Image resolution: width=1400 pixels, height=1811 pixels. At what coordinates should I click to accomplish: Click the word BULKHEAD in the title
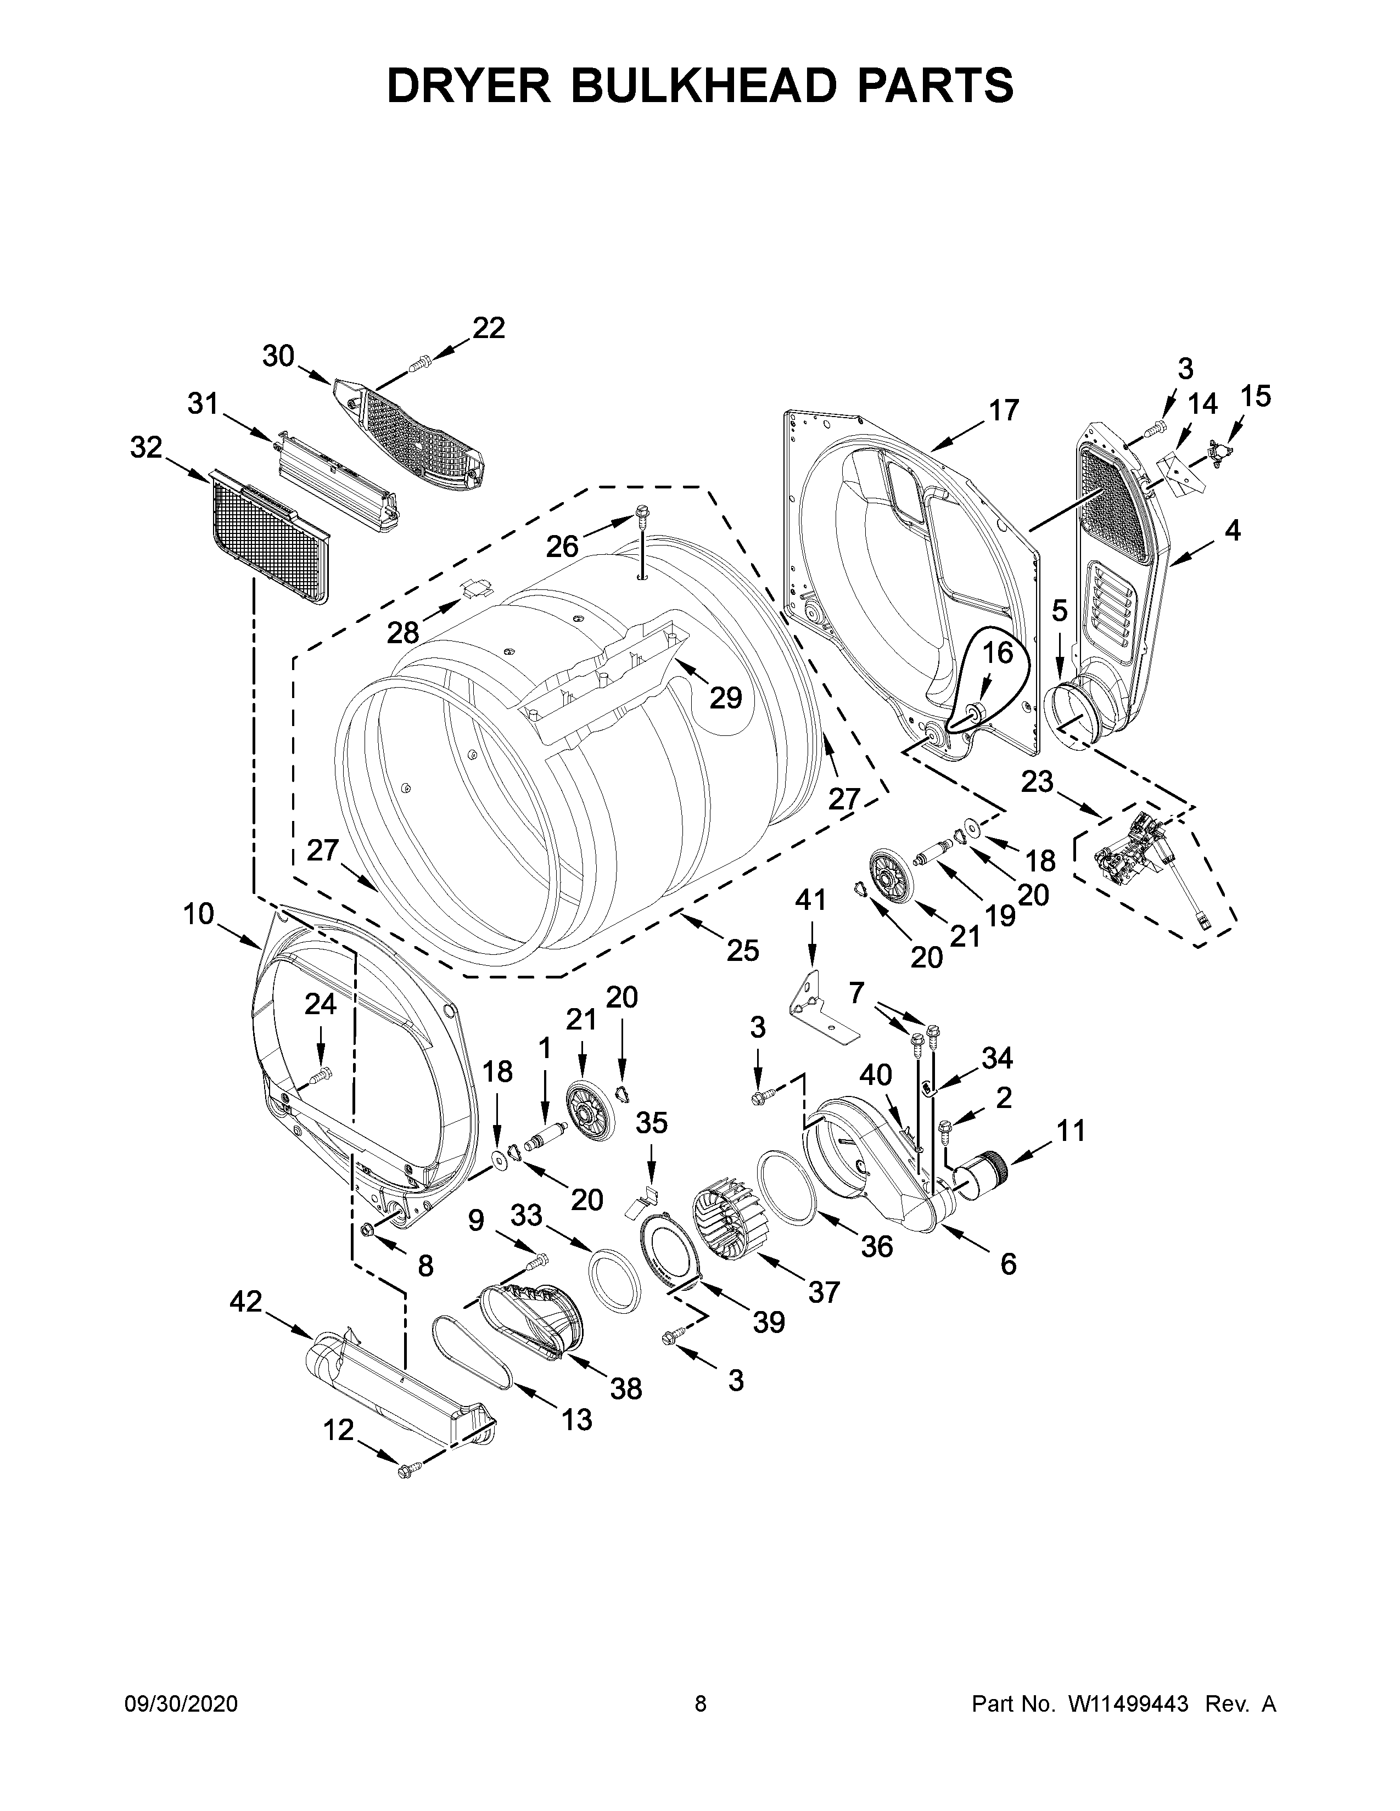pyautogui.click(x=701, y=86)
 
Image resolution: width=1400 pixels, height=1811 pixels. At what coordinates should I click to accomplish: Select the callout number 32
pyautogui.click(x=146, y=448)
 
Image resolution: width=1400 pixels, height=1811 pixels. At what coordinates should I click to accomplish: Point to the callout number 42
pyautogui.click(x=245, y=1301)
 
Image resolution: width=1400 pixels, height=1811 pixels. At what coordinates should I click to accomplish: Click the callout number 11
pyautogui.click(x=1071, y=1129)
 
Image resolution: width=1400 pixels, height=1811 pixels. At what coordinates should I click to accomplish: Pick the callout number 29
pyautogui.click(x=725, y=698)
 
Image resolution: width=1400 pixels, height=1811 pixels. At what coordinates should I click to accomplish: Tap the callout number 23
pyautogui.click(x=1036, y=781)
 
